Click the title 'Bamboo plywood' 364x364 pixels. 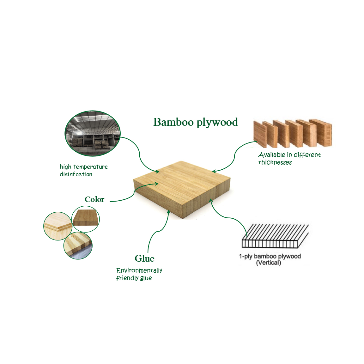(x=195, y=122)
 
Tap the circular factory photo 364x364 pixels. (x=93, y=133)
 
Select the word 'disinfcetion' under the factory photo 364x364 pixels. (x=76, y=174)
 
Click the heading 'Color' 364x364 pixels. (x=94, y=199)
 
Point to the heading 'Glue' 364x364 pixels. (x=144, y=258)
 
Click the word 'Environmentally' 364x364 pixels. (x=139, y=270)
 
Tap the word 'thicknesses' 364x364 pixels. (x=275, y=162)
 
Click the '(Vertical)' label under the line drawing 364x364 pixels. (x=268, y=263)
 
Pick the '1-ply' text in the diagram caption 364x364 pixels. (x=246, y=256)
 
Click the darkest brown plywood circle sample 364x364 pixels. (x=86, y=219)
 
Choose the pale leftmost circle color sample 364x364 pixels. (x=58, y=226)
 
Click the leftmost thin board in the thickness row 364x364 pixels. (x=260, y=134)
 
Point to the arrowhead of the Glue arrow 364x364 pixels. (x=169, y=211)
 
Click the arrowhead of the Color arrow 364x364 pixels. (x=156, y=184)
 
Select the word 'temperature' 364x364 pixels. (x=90, y=167)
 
